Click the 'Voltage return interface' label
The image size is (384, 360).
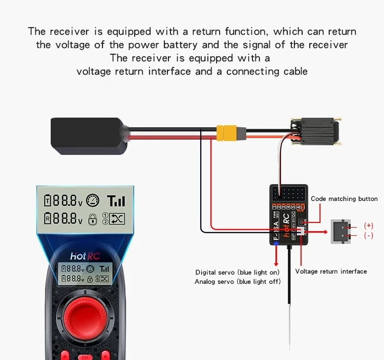coord(331,272)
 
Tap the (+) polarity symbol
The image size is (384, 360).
coord(368,226)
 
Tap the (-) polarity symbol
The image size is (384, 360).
coord(368,236)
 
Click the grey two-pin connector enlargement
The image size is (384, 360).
coord(340,231)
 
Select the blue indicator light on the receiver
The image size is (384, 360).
coord(276,244)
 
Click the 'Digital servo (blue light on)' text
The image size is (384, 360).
coord(238,272)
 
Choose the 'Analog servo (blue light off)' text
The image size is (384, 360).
coord(238,282)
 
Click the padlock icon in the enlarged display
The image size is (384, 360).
coord(93,219)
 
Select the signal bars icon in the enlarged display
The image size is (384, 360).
coord(116,200)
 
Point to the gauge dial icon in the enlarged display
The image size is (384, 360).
coord(93,200)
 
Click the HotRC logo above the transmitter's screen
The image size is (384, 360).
coord(84,255)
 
